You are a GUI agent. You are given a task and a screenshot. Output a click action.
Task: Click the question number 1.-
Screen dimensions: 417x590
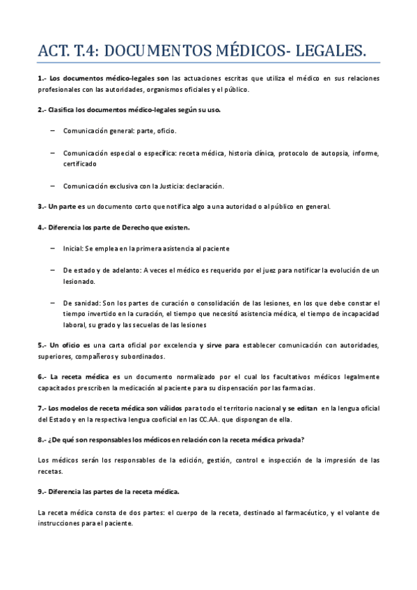click(43, 78)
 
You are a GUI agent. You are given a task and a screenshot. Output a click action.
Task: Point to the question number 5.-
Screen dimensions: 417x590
click(43, 345)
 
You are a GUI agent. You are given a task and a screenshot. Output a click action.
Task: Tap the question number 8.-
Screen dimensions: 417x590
click(43, 440)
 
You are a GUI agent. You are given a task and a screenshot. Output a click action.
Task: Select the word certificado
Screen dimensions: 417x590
click(80, 164)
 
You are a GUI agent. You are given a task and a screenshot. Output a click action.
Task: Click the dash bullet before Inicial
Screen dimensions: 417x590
click(54, 248)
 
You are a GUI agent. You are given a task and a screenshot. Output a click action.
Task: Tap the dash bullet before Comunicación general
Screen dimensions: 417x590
click(54, 130)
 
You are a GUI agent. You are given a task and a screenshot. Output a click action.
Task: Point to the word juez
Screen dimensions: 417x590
click(239, 270)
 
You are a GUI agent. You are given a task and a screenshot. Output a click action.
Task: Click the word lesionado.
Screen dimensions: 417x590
click(79, 281)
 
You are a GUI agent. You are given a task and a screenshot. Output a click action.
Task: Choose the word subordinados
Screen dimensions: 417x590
click(141, 356)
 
